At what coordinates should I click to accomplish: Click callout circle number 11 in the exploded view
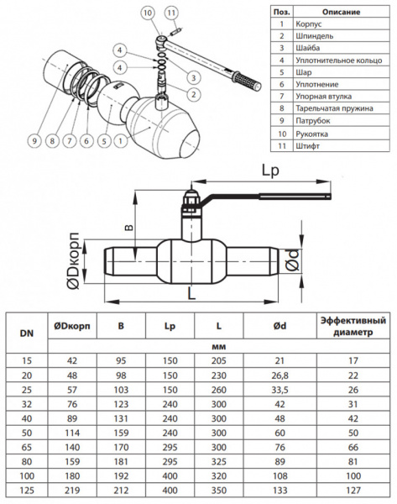(171, 13)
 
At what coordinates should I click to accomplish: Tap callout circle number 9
(34, 141)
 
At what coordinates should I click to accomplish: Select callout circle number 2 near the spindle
(193, 94)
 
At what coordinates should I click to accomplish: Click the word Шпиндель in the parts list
(314, 36)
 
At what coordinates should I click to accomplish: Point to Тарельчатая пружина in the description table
(334, 108)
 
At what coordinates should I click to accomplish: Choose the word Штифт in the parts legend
(307, 146)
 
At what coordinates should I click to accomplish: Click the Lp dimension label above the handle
(270, 171)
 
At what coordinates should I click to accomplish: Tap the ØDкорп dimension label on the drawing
(74, 260)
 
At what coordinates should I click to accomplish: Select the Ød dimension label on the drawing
(292, 260)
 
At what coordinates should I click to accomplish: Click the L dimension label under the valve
(191, 293)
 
